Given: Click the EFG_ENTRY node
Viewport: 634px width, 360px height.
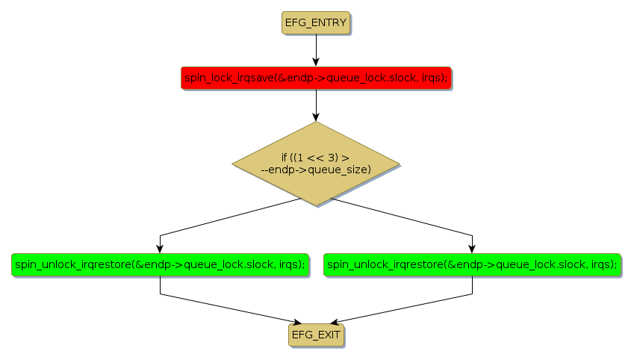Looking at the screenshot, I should coord(316,22).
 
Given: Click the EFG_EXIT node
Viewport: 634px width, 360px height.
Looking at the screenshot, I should coord(316,335).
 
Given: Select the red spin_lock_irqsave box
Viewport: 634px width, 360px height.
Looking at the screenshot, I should coord(316,78).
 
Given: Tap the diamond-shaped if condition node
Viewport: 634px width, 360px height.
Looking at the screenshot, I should coord(316,164).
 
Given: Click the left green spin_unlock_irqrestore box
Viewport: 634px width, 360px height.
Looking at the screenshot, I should coord(160,264).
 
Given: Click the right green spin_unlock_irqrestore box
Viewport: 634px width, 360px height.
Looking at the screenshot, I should coord(472,264).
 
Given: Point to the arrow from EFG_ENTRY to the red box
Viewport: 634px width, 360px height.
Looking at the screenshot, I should coord(316,49).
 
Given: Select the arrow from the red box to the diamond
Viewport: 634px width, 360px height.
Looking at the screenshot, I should coord(316,105).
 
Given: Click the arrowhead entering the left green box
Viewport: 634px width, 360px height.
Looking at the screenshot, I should coord(160,249).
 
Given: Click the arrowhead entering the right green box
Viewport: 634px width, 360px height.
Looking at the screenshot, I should coord(472,249).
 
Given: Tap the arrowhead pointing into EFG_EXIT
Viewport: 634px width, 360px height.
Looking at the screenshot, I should coord(316,320).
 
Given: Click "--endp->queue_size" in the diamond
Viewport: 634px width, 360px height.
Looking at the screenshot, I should coord(316,170).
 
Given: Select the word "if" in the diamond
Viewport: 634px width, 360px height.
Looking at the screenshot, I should coord(285,158).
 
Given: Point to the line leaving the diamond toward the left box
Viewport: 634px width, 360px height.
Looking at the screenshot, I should coord(224,218).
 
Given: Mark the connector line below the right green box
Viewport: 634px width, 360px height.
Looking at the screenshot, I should coord(472,288).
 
